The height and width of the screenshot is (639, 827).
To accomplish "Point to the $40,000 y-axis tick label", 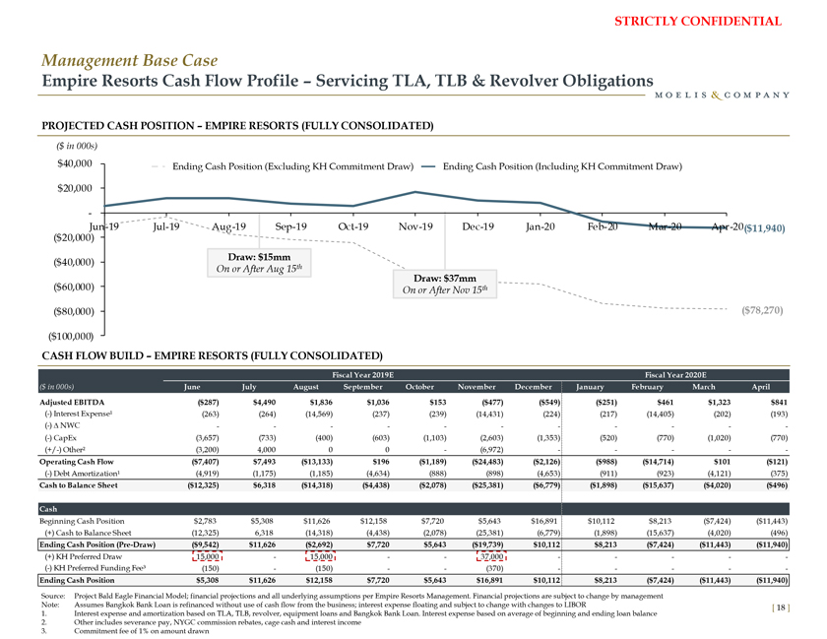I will (76, 162).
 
